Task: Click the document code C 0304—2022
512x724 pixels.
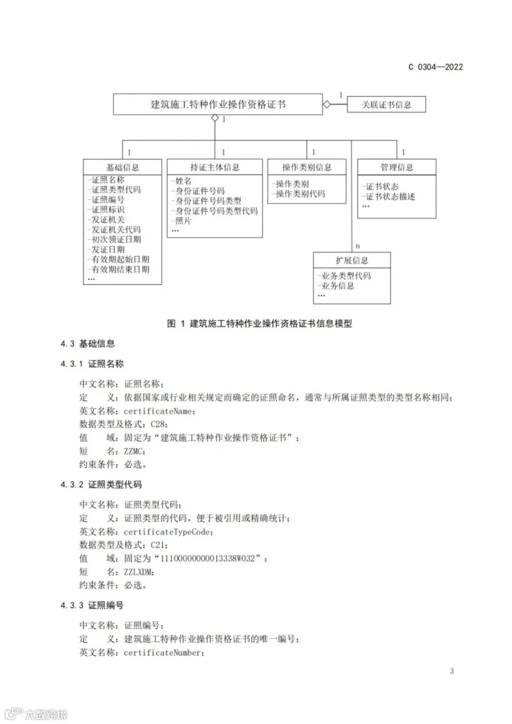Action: [x=435, y=67]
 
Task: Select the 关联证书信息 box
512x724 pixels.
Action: [x=387, y=105]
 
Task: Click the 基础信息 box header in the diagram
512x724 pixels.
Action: [x=122, y=167]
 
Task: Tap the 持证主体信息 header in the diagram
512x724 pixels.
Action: [x=215, y=167]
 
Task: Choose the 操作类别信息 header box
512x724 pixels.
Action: [x=307, y=167]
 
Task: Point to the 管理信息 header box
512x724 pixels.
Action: [x=397, y=167]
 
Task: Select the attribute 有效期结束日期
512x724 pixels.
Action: [x=121, y=269]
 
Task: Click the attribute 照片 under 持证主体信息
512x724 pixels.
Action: [x=183, y=221]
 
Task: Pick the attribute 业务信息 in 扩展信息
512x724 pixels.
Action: [x=337, y=286]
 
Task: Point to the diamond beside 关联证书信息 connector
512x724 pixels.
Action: [x=327, y=105]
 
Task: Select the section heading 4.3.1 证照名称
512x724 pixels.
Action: [x=92, y=363]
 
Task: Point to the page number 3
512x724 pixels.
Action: [x=452, y=671]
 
